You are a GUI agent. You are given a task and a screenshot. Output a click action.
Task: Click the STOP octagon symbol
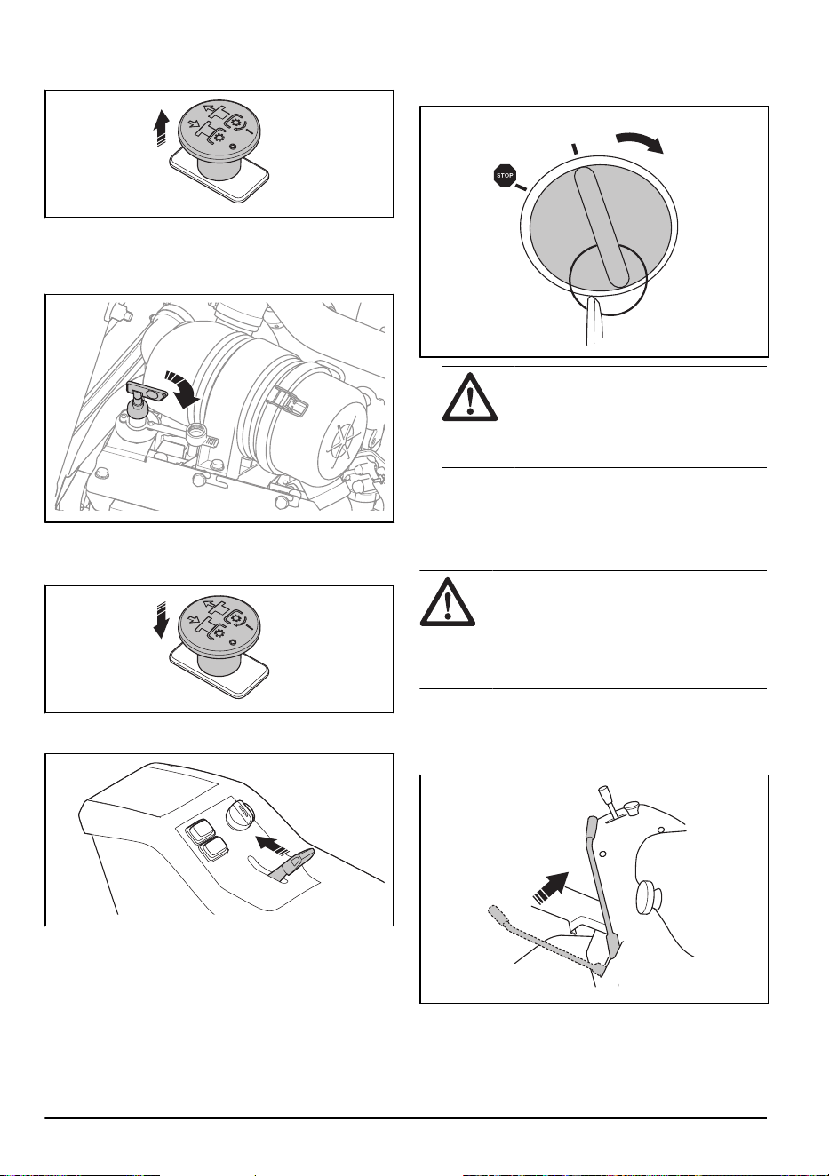[x=505, y=175]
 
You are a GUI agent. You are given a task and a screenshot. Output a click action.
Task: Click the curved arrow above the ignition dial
[x=641, y=140]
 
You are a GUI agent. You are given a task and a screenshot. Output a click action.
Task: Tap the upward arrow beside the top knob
[x=163, y=128]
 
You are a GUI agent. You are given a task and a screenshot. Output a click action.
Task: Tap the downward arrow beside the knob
[x=162, y=620]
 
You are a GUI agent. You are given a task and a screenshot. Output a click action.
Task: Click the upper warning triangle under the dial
[x=470, y=397]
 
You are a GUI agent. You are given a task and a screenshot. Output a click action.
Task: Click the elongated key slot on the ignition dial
[x=602, y=226]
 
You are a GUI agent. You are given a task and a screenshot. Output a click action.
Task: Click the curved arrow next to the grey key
[x=181, y=387]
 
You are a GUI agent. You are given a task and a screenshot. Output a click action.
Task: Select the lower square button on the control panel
[x=212, y=849]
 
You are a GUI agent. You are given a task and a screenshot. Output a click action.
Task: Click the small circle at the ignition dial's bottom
[x=608, y=280]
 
